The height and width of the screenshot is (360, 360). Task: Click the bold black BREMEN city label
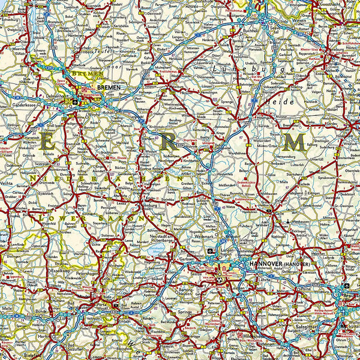tap(109, 87)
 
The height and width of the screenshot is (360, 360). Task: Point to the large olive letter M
tap(295, 143)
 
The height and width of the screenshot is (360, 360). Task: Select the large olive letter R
tap(170, 143)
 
